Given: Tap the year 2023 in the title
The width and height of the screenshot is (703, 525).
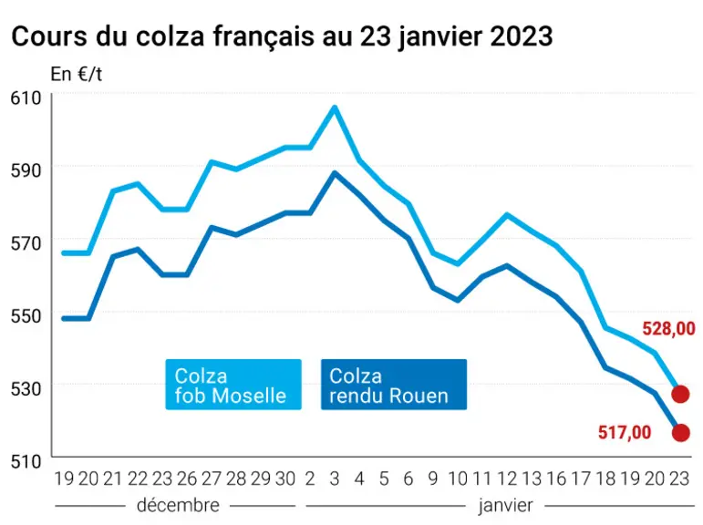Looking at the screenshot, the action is [x=522, y=36].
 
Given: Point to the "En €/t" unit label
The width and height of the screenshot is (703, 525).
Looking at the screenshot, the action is [x=77, y=74].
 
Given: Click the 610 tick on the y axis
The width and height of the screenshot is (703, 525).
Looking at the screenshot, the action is [x=26, y=98].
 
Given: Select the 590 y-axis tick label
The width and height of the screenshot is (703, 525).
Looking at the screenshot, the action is [x=26, y=170].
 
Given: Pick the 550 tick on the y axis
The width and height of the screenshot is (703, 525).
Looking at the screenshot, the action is [x=26, y=316].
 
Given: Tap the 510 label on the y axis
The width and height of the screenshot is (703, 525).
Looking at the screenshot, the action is [x=26, y=461].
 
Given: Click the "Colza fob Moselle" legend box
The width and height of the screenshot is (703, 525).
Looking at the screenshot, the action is [x=233, y=385].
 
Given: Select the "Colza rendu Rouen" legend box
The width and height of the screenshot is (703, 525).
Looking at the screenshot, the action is [x=394, y=385].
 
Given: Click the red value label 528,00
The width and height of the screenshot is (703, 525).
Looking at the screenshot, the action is [x=668, y=329].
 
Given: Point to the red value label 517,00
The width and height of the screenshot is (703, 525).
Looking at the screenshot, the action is [x=624, y=433].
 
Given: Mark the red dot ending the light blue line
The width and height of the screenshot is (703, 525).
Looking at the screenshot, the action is [x=680, y=395].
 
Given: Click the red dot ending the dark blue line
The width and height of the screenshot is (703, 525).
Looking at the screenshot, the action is [x=680, y=433].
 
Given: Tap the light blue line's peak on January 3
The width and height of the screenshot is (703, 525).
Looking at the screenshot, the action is [x=335, y=108].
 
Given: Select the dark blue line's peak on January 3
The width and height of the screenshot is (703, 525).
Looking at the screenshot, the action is [x=335, y=173].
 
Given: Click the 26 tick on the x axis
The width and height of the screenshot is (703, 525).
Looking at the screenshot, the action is [x=187, y=479].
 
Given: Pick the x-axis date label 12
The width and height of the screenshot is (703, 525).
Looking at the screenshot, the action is [x=507, y=479].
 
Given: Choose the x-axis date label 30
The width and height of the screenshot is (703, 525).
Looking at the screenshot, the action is [x=285, y=479].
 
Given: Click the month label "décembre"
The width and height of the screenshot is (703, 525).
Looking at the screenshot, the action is [x=178, y=506].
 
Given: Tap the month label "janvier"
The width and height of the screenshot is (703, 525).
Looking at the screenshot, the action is [x=506, y=506].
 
